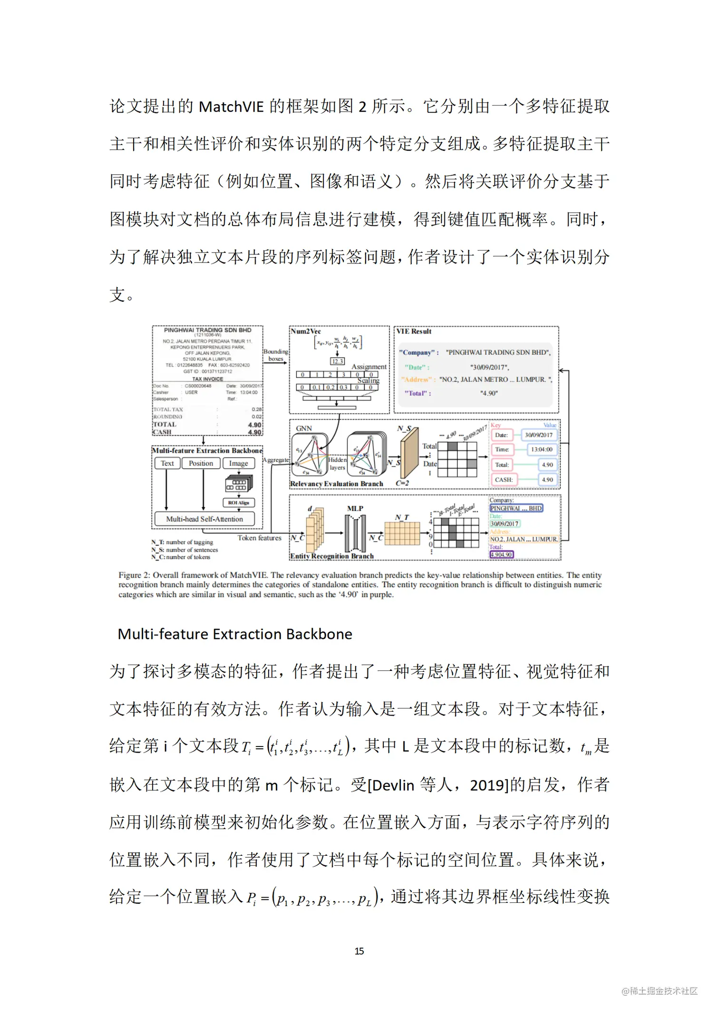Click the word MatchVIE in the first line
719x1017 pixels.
point(231,107)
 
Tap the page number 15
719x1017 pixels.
point(359,951)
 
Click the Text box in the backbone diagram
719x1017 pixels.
point(167,463)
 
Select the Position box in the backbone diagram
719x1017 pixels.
point(201,463)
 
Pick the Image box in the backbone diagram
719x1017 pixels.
point(238,463)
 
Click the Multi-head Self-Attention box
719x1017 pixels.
point(204,519)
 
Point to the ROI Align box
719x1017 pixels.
point(238,503)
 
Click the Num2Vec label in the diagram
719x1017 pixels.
point(306,331)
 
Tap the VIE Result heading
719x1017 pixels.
point(414,331)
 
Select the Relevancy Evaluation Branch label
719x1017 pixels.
point(337,484)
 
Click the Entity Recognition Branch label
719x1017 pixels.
point(332,556)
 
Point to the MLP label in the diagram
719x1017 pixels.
point(355,508)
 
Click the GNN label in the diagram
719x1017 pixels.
point(304,428)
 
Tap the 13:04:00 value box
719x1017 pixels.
point(542,449)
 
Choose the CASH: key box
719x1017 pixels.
point(504,480)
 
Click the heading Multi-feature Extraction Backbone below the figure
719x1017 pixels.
point(235,634)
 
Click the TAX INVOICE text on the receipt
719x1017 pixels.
point(207,379)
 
